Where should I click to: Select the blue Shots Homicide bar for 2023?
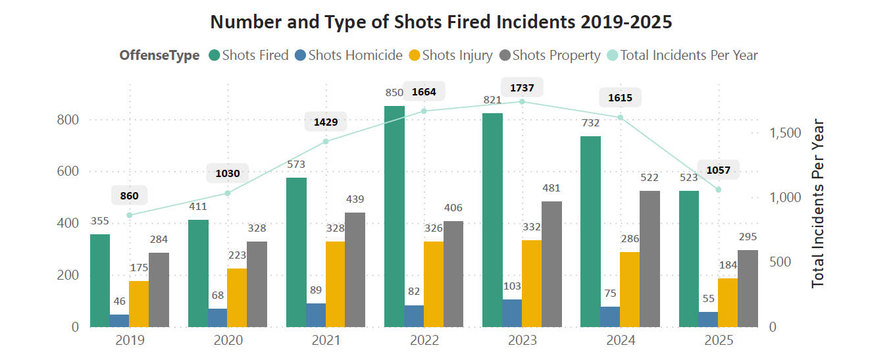click(512, 313)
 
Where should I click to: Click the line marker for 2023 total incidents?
click(522, 101)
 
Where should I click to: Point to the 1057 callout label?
click(718, 170)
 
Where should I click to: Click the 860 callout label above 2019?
click(129, 195)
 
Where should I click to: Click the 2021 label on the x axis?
click(326, 341)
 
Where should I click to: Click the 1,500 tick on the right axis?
click(784, 133)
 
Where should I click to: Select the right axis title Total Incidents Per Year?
click(818, 203)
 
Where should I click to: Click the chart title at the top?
click(441, 22)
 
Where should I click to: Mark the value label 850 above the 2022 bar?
click(394, 93)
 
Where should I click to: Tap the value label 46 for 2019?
click(119, 301)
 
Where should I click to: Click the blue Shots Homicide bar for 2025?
click(708, 319)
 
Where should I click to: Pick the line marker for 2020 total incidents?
click(228, 193)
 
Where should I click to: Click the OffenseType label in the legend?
click(159, 55)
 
